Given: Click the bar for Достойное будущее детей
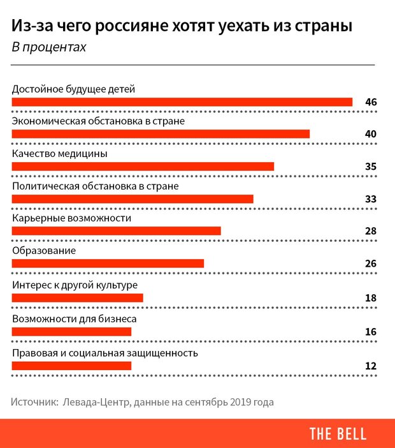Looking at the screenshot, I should (182, 101).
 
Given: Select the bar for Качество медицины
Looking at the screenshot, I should (143, 167).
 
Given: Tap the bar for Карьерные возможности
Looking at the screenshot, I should (117, 230).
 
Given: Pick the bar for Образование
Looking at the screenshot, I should (108, 264).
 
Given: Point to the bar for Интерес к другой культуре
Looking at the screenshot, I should (78, 297).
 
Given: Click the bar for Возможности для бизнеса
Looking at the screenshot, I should (72, 331).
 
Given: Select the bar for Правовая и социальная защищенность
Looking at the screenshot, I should (72, 366).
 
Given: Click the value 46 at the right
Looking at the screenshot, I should (371, 101).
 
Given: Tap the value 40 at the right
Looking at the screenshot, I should (371, 133).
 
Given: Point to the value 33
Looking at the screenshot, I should (371, 199).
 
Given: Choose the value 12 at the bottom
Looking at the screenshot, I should (371, 366).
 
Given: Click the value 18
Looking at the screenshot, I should (371, 298).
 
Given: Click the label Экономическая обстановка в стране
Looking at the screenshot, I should (99, 121).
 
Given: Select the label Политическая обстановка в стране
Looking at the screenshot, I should (96, 186).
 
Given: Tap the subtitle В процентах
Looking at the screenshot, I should (48, 48).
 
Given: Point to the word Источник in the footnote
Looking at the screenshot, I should (32, 403).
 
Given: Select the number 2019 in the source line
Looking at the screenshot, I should (243, 403).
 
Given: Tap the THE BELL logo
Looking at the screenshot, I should (338, 434).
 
